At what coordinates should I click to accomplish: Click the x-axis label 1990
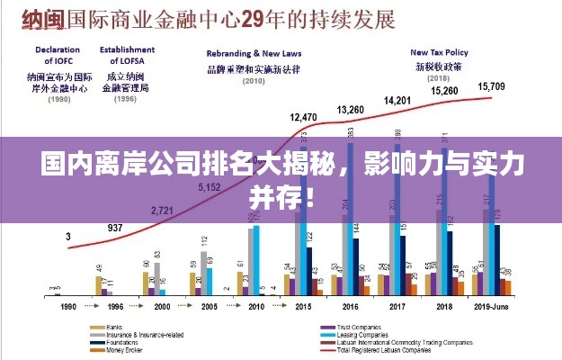coord(68,307)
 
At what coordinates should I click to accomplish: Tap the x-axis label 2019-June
coord(492,307)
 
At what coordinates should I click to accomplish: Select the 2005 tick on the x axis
coord(209,307)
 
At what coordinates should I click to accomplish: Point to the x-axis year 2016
coord(350,307)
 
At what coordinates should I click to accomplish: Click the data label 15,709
coord(492,86)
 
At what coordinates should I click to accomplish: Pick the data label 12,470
coord(303,117)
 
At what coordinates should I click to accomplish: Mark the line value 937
coord(115,228)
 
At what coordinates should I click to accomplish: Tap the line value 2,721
coord(162,210)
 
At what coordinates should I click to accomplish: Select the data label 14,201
coord(397,100)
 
